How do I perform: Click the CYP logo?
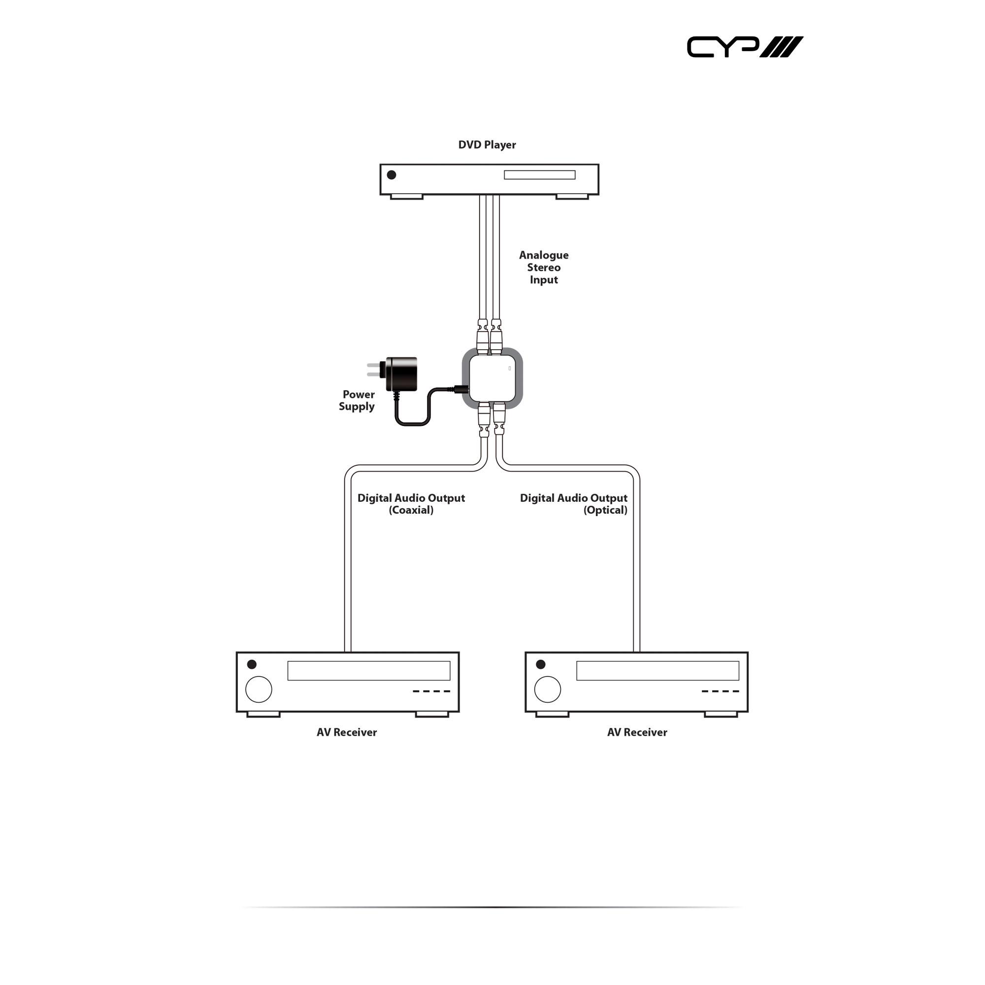[744, 47]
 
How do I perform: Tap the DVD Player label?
[487, 145]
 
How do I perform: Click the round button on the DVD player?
[392, 175]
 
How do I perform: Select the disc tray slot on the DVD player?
[539, 175]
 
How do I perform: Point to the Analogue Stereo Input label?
[544, 267]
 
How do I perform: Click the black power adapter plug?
[400, 374]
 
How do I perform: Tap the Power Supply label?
[358, 400]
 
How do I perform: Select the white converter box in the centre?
[492, 378]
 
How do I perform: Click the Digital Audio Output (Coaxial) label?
[411, 504]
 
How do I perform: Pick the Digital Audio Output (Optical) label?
[574, 504]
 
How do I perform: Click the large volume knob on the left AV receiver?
[259, 689]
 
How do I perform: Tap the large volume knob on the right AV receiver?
[548, 689]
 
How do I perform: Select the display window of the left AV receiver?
[368, 670]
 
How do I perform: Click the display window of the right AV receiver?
[657, 670]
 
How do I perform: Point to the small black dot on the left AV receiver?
[252, 664]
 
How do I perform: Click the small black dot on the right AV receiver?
[541, 664]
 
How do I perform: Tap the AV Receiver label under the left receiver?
[347, 732]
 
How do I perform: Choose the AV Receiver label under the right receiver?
[637, 732]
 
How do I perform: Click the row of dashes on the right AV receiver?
[720, 691]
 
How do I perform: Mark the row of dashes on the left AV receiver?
[431, 691]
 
